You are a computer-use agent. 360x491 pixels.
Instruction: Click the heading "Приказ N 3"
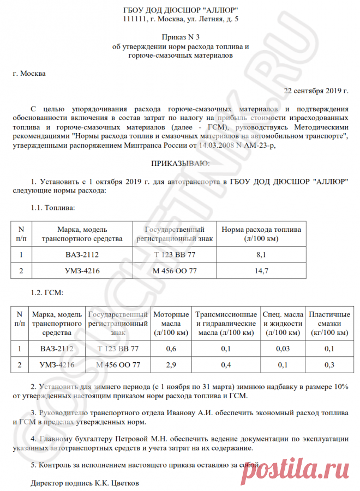(x=180, y=37)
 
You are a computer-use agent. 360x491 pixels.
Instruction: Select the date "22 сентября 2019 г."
(x=316, y=90)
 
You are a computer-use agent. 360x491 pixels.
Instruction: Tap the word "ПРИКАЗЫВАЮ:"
(x=180, y=163)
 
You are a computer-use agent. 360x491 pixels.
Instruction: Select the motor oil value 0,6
(x=171, y=349)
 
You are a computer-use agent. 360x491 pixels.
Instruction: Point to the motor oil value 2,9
(x=171, y=364)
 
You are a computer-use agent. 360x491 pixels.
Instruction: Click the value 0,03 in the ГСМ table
(x=283, y=349)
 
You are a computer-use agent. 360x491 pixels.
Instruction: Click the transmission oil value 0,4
(x=226, y=364)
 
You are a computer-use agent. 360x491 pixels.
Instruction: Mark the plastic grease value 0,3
(x=329, y=364)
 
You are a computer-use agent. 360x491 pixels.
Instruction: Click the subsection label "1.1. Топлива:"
(x=53, y=208)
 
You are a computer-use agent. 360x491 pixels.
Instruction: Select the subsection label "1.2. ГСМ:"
(x=48, y=292)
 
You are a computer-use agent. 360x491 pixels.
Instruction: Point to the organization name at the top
(x=180, y=10)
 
